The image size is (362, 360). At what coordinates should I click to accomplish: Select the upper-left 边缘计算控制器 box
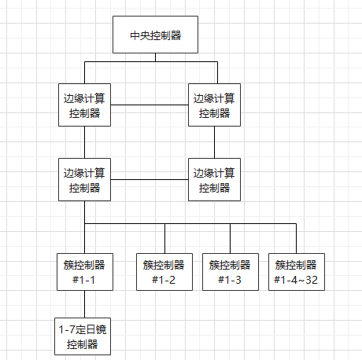[84, 105]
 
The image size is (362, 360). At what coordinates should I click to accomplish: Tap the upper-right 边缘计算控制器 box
[215, 105]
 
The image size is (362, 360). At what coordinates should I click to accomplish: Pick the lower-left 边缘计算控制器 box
[84, 179]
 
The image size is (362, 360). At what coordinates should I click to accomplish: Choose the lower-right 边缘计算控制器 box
[215, 179]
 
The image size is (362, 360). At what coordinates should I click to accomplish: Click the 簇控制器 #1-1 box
[84, 272]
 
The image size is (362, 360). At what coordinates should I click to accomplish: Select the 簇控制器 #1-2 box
[165, 272]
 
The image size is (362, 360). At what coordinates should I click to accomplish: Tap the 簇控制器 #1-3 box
[231, 272]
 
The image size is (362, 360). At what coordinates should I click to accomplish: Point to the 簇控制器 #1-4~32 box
[296, 272]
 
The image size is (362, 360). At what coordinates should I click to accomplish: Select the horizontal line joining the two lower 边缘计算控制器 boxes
[150, 179]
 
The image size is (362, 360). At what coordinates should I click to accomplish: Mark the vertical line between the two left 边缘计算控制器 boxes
[84, 142]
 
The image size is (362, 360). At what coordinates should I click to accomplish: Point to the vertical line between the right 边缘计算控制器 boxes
[215, 142]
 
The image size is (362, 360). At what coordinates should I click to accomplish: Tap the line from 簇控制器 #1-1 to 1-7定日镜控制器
[84, 303]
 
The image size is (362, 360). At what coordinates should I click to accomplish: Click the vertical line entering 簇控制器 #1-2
[165, 238]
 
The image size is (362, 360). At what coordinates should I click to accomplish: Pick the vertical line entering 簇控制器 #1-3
[231, 238]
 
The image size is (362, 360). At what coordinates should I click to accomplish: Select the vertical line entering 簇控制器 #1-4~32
[296, 238]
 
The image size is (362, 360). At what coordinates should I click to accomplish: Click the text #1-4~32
[296, 280]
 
